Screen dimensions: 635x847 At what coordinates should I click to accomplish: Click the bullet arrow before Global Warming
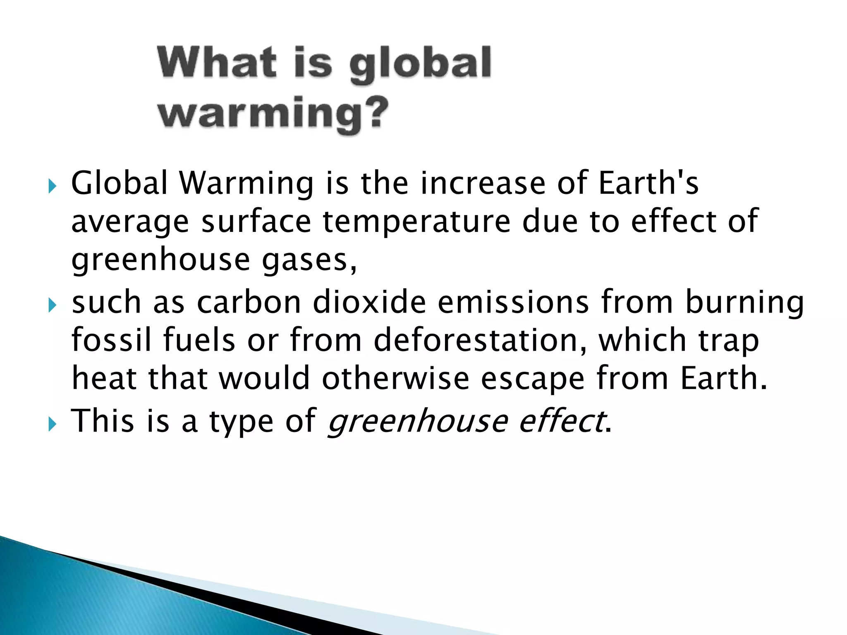click(x=52, y=186)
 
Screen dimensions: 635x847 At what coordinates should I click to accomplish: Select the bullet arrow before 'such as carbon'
click(x=52, y=306)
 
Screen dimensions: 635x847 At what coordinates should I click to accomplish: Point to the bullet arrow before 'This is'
click(x=52, y=425)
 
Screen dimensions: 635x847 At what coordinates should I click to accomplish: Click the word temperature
click(x=416, y=222)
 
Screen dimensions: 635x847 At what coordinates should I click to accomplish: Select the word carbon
click(x=249, y=302)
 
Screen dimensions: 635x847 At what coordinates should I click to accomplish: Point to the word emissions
click(x=513, y=302)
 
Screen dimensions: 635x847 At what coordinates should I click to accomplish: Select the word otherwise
click(x=395, y=378)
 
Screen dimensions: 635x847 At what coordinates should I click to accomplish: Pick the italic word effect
click(x=561, y=421)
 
